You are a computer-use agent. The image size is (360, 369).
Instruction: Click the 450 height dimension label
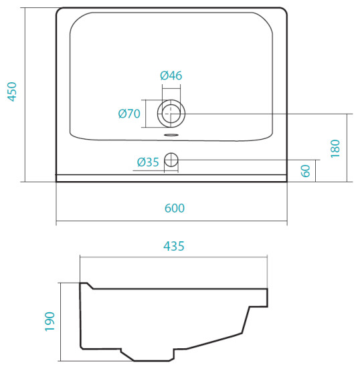click(12, 92)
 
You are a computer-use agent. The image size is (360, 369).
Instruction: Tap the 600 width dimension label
click(175, 209)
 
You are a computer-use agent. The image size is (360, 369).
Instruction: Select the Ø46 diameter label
click(171, 76)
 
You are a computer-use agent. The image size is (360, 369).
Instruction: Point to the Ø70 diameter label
click(129, 114)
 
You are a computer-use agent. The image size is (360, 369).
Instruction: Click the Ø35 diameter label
click(148, 162)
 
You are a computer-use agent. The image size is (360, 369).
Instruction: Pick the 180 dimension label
click(335, 148)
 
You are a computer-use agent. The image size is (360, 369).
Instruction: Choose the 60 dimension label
click(306, 171)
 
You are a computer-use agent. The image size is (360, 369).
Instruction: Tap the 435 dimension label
click(174, 246)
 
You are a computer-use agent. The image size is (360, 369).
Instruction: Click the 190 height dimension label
click(50, 322)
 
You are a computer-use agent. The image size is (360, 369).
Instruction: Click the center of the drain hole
click(171, 114)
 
